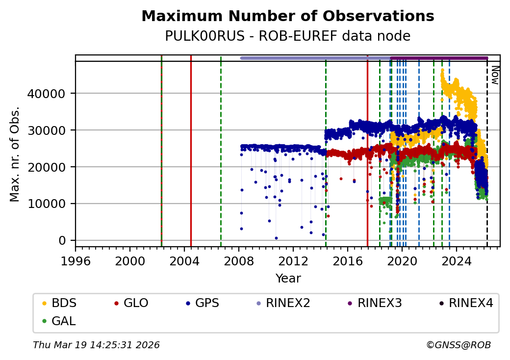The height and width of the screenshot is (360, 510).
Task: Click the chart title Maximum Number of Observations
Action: pyautogui.click(x=287, y=16)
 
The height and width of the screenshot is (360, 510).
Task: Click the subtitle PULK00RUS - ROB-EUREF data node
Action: pyautogui.click(x=287, y=36)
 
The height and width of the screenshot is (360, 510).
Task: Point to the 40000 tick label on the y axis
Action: pyautogui.click(x=50, y=93)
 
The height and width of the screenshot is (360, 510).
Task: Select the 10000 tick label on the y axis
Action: pyautogui.click(x=50, y=204)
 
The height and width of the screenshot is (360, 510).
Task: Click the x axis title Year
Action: pyautogui.click(x=288, y=279)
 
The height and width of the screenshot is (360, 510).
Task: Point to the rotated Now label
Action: pyautogui.click(x=495, y=75)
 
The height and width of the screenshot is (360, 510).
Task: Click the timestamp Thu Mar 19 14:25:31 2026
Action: pyautogui.click(x=96, y=345)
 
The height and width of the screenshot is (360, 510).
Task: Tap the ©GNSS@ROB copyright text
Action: pyautogui.click(x=459, y=345)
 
